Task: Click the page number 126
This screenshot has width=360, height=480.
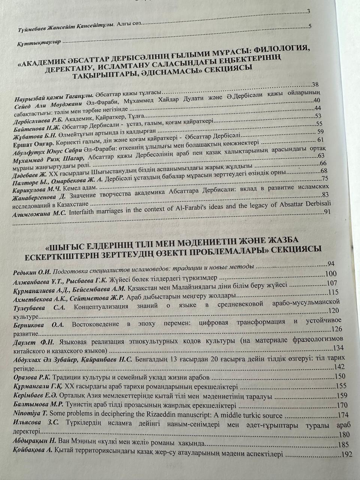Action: point(337,329)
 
